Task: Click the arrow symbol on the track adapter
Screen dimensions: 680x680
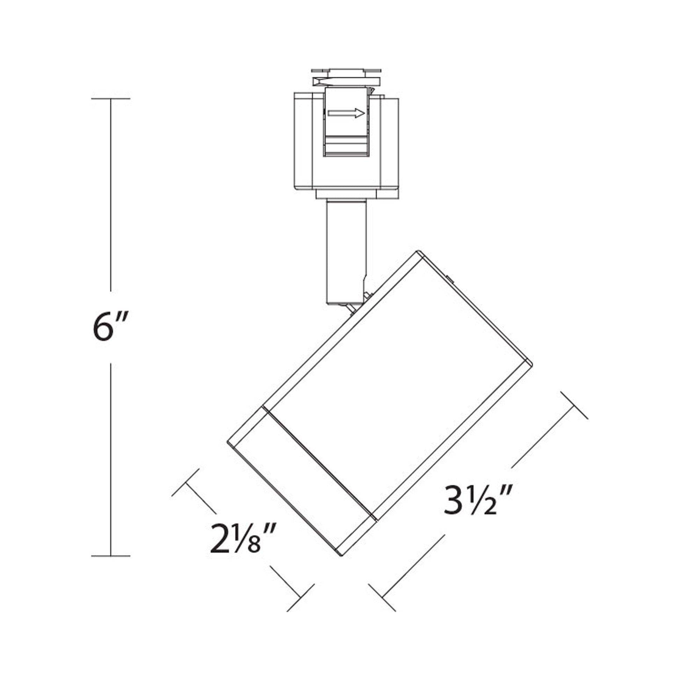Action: tap(346, 113)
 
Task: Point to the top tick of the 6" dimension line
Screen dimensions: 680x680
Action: tap(111, 99)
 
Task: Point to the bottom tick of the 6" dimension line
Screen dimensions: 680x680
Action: tap(111, 566)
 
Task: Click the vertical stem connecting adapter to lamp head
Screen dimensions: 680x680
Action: tap(346, 246)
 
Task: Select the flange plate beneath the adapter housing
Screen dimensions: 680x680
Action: tap(347, 194)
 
